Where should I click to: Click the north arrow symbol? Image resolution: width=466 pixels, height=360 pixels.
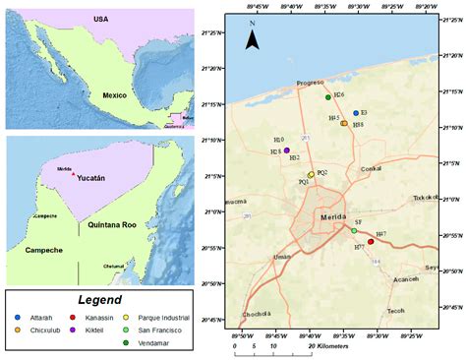253,38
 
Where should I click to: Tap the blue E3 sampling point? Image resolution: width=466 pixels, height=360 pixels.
356,113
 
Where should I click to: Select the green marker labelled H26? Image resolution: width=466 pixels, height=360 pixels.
327,97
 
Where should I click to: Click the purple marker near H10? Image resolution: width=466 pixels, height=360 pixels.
287,150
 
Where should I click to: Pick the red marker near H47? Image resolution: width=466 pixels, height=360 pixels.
371,241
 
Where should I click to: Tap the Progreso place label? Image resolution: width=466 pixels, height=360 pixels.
310,84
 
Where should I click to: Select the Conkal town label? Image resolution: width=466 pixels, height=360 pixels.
372,168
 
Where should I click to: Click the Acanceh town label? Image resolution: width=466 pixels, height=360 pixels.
379,278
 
